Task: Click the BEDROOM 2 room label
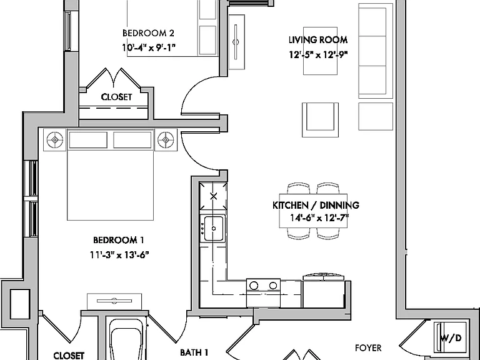pos(149,32)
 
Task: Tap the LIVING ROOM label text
pos(318,40)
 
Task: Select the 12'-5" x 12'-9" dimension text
pos(318,54)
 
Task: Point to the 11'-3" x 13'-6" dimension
pos(119,255)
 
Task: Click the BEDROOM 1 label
pos(119,240)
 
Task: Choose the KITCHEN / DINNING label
pos(316,205)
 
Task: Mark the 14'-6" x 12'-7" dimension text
pos(319,218)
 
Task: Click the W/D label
pos(451,338)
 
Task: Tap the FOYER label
pos(368,348)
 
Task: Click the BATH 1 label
pos(194,352)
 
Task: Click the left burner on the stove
pos(254,286)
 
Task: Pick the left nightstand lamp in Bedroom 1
pos(55,140)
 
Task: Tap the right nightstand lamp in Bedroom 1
pos(166,140)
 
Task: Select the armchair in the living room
pos(320,120)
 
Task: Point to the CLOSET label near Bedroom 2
pos(116,97)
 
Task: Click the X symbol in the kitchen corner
pos(214,196)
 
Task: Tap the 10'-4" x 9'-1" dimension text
pos(149,47)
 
